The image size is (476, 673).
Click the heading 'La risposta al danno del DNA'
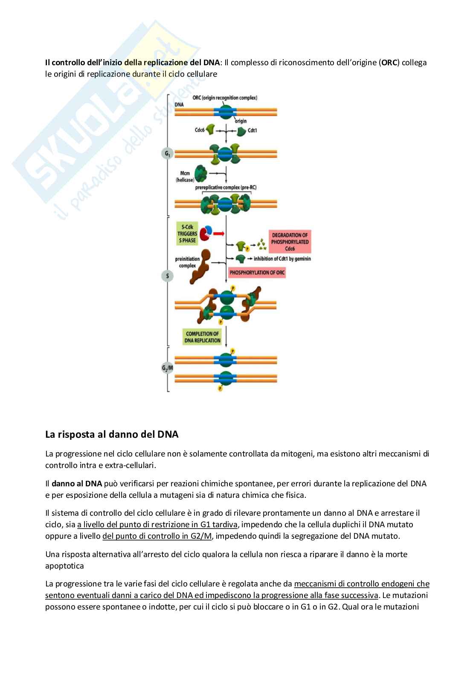[x=112, y=434]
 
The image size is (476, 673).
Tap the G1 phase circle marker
[x=167, y=154]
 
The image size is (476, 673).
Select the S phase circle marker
[x=168, y=276]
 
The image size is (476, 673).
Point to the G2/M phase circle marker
[x=168, y=368]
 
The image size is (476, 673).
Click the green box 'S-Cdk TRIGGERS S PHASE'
[x=187, y=234]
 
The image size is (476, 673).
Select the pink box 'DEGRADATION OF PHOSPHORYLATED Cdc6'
[x=290, y=242]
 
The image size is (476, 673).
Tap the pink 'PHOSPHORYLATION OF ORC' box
[x=257, y=272]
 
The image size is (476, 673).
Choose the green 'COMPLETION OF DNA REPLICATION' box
[x=202, y=337]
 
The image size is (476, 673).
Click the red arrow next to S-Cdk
[x=219, y=234]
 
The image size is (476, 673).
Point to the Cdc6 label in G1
[x=200, y=130]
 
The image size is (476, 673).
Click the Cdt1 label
[x=252, y=130]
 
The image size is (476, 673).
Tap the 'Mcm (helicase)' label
[x=185, y=176]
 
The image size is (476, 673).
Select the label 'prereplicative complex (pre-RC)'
[x=226, y=188]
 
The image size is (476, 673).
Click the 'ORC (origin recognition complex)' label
[x=225, y=98]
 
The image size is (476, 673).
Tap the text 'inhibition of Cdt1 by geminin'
[x=282, y=259]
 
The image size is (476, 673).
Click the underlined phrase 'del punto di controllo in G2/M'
[x=157, y=536]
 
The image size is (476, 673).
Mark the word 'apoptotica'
[x=64, y=566]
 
